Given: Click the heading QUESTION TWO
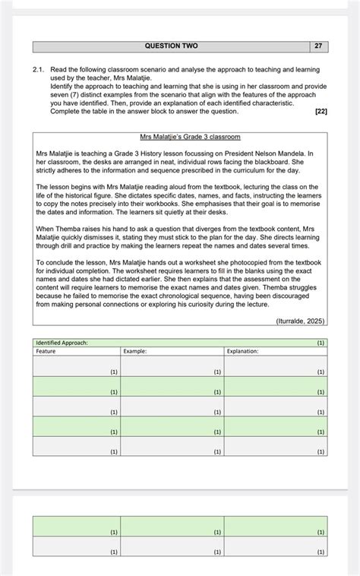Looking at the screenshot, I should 171,46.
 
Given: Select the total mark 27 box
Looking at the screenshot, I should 319,46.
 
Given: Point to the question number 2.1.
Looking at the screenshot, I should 39,69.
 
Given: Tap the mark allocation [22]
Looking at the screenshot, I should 321,112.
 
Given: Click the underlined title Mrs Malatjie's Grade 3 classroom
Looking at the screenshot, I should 191,137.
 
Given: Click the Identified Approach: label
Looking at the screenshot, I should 62,343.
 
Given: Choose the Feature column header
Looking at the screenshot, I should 46,351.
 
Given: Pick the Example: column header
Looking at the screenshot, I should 135,351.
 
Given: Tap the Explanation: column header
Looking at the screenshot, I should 243,351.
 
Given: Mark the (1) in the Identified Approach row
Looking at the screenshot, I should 321,343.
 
